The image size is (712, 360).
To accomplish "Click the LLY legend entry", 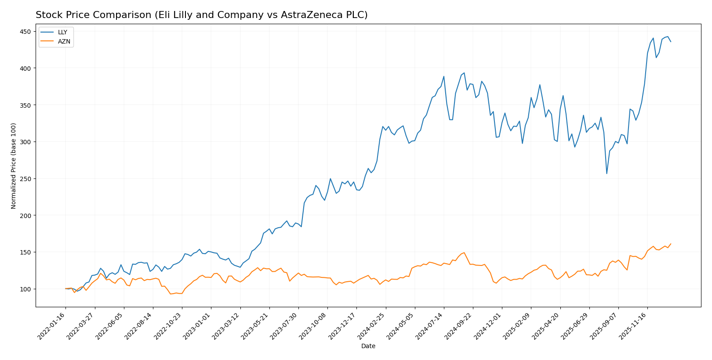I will click(x=62, y=33).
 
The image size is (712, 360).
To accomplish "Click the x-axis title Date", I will click(x=368, y=346).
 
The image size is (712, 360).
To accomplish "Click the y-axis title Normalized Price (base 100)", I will click(x=14, y=166).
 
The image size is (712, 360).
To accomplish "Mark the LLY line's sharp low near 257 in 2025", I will click(x=607, y=173).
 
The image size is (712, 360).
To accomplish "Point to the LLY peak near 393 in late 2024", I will click(x=464, y=73).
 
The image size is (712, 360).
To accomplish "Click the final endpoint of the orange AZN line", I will click(x=671, y=244).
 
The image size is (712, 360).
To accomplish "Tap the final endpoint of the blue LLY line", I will click(x=671, y=41).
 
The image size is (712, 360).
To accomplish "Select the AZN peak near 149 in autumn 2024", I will click(x=464, y=253).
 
